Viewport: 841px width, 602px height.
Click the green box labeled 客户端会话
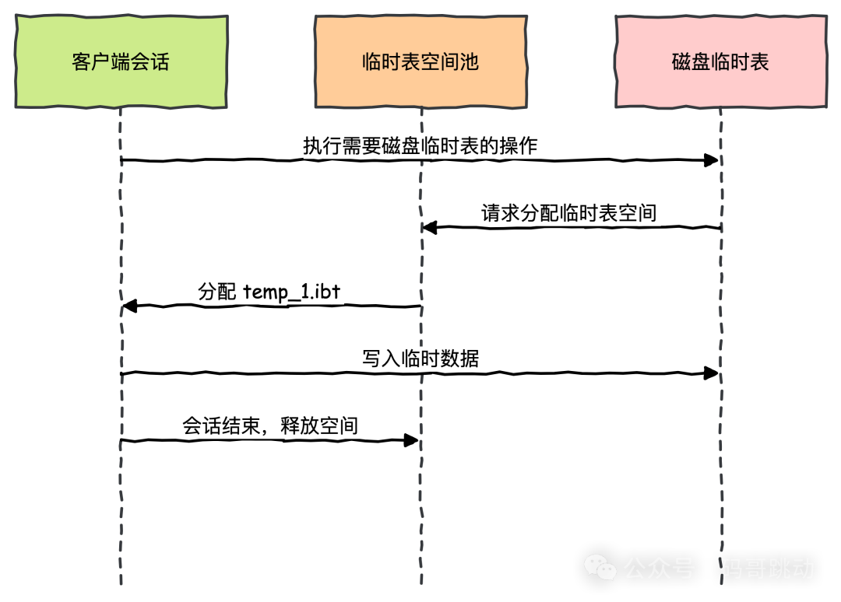[x=121, y=61]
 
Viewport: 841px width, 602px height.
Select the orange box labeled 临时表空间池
[x=420, y=61]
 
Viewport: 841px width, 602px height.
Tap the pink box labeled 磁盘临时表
[x=720, y=61]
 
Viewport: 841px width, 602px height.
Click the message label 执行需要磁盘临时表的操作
[x=420, y=145]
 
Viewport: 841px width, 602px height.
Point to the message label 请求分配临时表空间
[x=570, y=213]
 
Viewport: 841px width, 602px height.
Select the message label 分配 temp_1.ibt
[x=269, y=292]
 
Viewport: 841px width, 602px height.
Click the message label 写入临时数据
[x=421, y=359]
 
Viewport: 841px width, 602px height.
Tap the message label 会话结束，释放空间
[x=271, y=425]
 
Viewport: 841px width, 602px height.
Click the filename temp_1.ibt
[x=293, y=292]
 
